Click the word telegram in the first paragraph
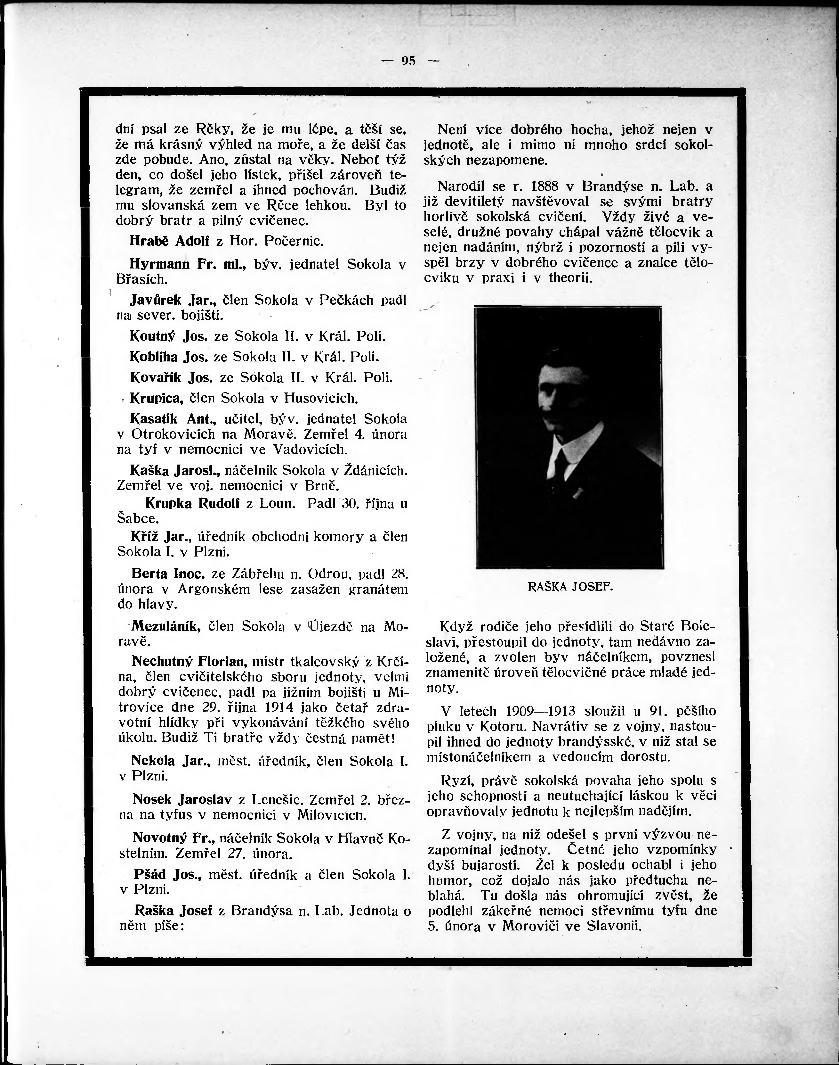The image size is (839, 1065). [x=139, y=190]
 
